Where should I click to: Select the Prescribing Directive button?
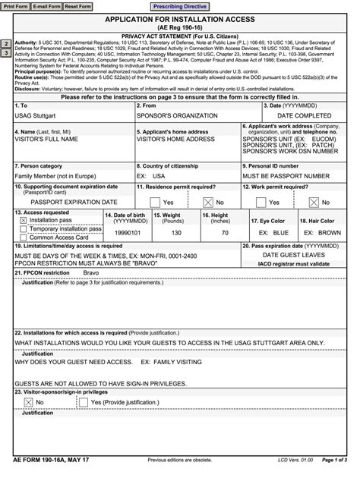pyautogui.click(x=179, y=6)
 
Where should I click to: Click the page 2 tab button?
pyautogui.click(x=6, y=45)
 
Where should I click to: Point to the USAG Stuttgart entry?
pyautogui.click(x=39, y=116)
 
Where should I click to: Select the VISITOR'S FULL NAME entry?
pyautogui.click(x=48, y=140)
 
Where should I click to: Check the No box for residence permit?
pyautogui.click(x=207, y=203)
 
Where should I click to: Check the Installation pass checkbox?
pyautogui.click(x=23, y=220)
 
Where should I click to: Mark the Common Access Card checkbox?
pyautogui.click(x=23, y=237)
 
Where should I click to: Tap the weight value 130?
pyautogui.click(x=176, y=233)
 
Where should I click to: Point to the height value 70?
pyautogui.click(x=224, y=233)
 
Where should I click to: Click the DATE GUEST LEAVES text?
pyautogui.click(x=300, y=256)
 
